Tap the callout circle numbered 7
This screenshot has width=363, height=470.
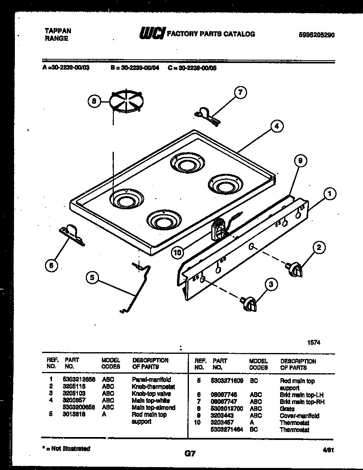point(240,93)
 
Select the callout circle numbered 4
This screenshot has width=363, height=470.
point(277,126)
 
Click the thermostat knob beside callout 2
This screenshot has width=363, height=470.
point(293,269)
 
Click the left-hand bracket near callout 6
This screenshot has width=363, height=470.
point(72,235)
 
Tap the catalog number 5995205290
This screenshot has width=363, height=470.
point(316,35)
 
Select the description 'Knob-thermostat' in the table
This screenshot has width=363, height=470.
point(153,387)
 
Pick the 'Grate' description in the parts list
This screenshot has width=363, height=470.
point(288,409)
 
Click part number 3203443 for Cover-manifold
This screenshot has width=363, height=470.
point(222,416)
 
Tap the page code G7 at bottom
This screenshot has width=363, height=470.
point(189,454)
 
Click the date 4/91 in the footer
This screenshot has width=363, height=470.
point(328,451)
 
